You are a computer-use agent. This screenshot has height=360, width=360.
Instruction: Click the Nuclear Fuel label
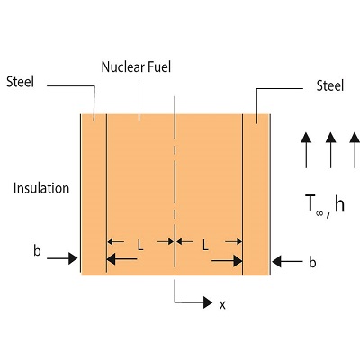click(142, 67)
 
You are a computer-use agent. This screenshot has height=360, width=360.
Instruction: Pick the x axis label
click(221, 304)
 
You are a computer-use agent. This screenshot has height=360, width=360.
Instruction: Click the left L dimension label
click(139, 243)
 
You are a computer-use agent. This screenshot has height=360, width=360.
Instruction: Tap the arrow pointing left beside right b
click(290, 262)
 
